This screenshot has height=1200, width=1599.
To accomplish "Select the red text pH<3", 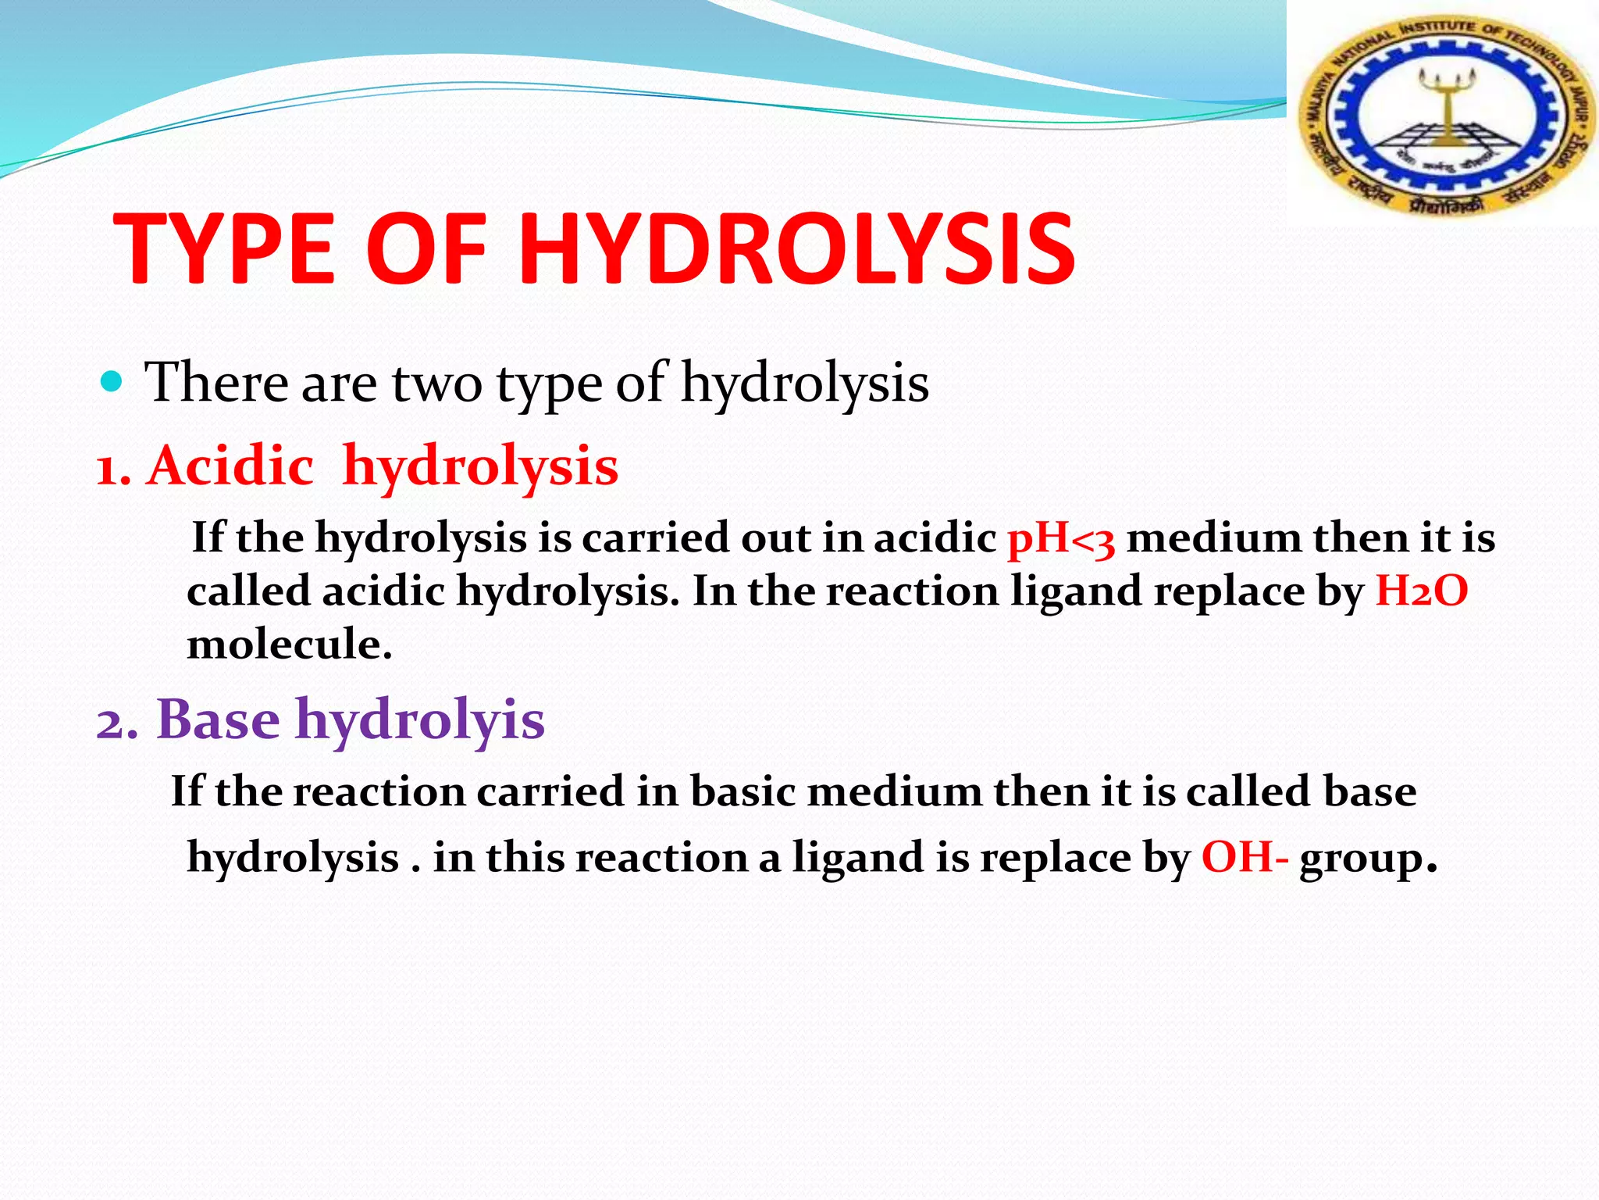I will [x=1061, y=539].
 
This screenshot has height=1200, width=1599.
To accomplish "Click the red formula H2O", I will [x=1421, y=591].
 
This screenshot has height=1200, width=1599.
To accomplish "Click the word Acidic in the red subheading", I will [x=231, y=466].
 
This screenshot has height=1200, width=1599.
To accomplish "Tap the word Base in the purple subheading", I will [x=218, y=720].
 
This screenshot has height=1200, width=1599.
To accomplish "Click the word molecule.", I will [x=289, y=645].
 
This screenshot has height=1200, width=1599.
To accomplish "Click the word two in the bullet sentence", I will [x=436, y=383].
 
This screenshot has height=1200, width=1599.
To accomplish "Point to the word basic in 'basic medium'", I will [x=742, y=791].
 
